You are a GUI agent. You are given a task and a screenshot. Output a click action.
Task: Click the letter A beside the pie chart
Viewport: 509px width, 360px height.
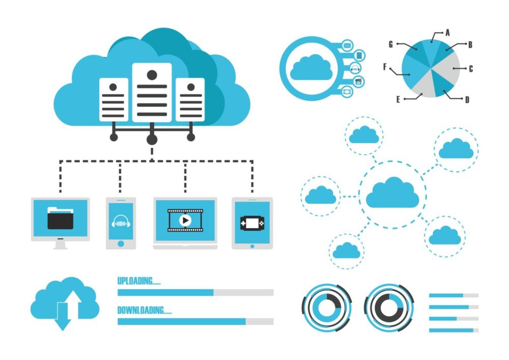[x=447, y=33]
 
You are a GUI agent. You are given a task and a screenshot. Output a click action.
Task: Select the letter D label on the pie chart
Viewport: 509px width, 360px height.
[x=467, y=100]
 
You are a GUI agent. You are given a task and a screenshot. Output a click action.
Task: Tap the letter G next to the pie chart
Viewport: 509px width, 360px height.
[x=391, y=44]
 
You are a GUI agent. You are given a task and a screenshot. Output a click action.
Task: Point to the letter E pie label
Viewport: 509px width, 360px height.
[x=399, y=99]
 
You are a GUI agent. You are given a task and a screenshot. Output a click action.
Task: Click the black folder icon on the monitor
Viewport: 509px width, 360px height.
[x=61, y=218]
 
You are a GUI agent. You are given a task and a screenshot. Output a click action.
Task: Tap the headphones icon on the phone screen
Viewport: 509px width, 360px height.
[x=121, y=221]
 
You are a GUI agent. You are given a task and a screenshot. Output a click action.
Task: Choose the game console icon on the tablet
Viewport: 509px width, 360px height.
[x=252, y=224]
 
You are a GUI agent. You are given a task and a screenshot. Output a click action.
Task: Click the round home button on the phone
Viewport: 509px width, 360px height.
[x=121, y=243]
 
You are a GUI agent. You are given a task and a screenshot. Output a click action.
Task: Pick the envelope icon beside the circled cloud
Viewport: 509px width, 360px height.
[x=347, y=45]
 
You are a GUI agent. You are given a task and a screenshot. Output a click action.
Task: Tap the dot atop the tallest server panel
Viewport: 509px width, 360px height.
[x=152, y=75]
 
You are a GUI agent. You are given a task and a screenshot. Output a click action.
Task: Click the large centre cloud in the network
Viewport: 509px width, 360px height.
[x=392, y=192]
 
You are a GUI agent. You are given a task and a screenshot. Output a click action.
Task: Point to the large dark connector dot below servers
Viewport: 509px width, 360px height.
[x=152, y=140]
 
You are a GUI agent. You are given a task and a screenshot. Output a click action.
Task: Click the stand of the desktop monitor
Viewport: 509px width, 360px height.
[x=61, y=244]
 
